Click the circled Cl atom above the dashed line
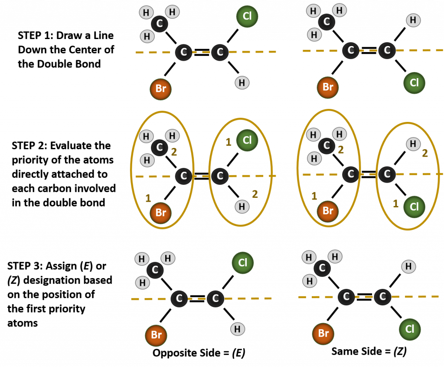(247, 140)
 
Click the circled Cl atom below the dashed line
(414, 207)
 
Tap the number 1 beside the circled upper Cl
(229, 142)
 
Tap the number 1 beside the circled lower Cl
(395, 203)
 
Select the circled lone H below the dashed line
(242, 206)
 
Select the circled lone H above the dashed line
(413, 144)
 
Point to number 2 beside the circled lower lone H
(255, 194)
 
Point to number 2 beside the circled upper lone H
(425, 153)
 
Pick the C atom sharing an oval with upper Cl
(220, 176)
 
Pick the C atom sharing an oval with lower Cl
(387, 174)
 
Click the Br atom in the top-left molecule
(160, 89)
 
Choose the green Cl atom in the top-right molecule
(414, 83)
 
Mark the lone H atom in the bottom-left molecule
(237, 329)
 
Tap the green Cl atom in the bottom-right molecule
(410, 329)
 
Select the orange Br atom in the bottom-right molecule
(323, 334)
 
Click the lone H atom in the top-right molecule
(413, 20)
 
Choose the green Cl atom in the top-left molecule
(247, 16)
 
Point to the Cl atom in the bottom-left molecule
(242, 263)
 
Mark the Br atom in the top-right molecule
(327, 87)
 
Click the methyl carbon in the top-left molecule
(160, 23)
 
